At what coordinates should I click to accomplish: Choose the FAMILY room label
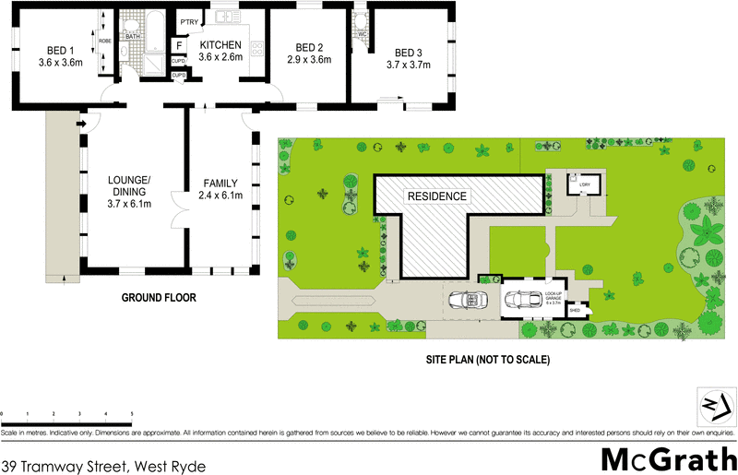click(x=220, y=189)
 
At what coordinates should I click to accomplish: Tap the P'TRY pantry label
click(x=191, y=22)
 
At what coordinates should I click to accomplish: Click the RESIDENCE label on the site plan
click(x=437, y=196)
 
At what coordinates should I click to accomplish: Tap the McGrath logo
click(x=668, y=457)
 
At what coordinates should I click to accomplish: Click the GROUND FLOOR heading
click(x=159, y=298)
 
